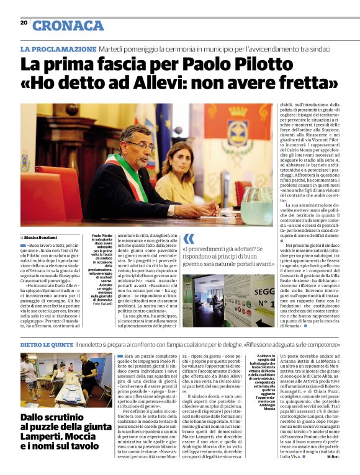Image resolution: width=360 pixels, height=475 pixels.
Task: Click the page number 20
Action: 24,23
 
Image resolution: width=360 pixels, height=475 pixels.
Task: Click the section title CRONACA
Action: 68,25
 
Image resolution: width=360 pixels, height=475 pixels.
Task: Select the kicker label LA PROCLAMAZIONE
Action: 58,48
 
